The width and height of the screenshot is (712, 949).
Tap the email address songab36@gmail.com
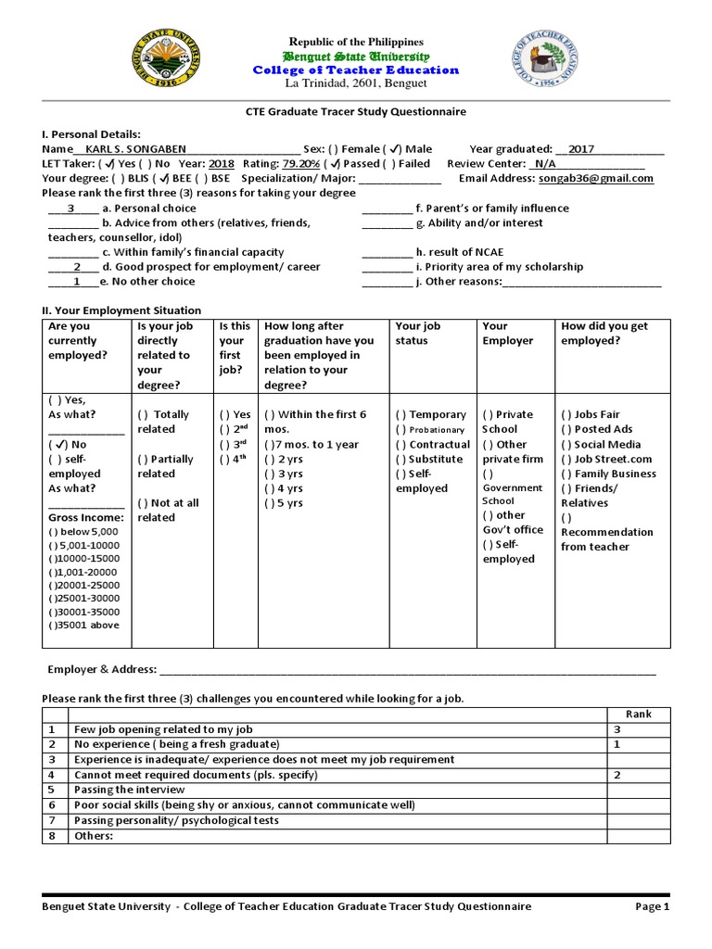point(596,179)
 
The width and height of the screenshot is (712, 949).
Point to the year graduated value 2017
point(581,149)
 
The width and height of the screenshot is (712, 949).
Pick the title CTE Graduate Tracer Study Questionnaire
point(355,111)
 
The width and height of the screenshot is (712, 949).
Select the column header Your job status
point(418,334)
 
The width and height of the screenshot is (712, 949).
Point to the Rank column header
point(639,715)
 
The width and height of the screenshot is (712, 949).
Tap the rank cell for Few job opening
point(639,730)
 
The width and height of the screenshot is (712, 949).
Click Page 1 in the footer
point(652,907)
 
